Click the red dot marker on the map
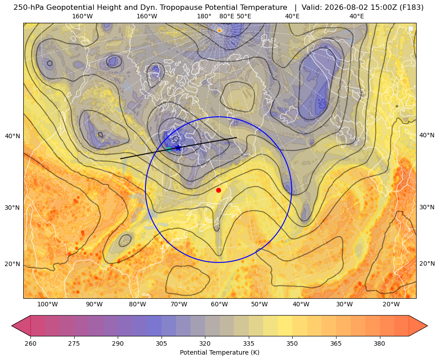tap(219, 190)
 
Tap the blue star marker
tap(178, 148)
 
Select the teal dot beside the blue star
tap(169, 149)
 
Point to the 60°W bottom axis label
tap(219, 305)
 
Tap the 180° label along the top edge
tap(204, 16)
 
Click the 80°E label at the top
tap(227, 16)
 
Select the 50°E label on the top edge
tap(244, 16)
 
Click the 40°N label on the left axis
tap(13, 136)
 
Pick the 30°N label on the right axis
tap(427, 207)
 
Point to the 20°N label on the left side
tap(13, 264)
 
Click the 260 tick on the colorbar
tap(30, 343)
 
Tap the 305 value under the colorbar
tap(162, 343)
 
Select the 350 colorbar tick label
tap(292, 343)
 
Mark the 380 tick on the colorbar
tap(379, 343)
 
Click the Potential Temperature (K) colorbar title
tap(219, 352)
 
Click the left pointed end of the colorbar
tap(12, 326)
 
